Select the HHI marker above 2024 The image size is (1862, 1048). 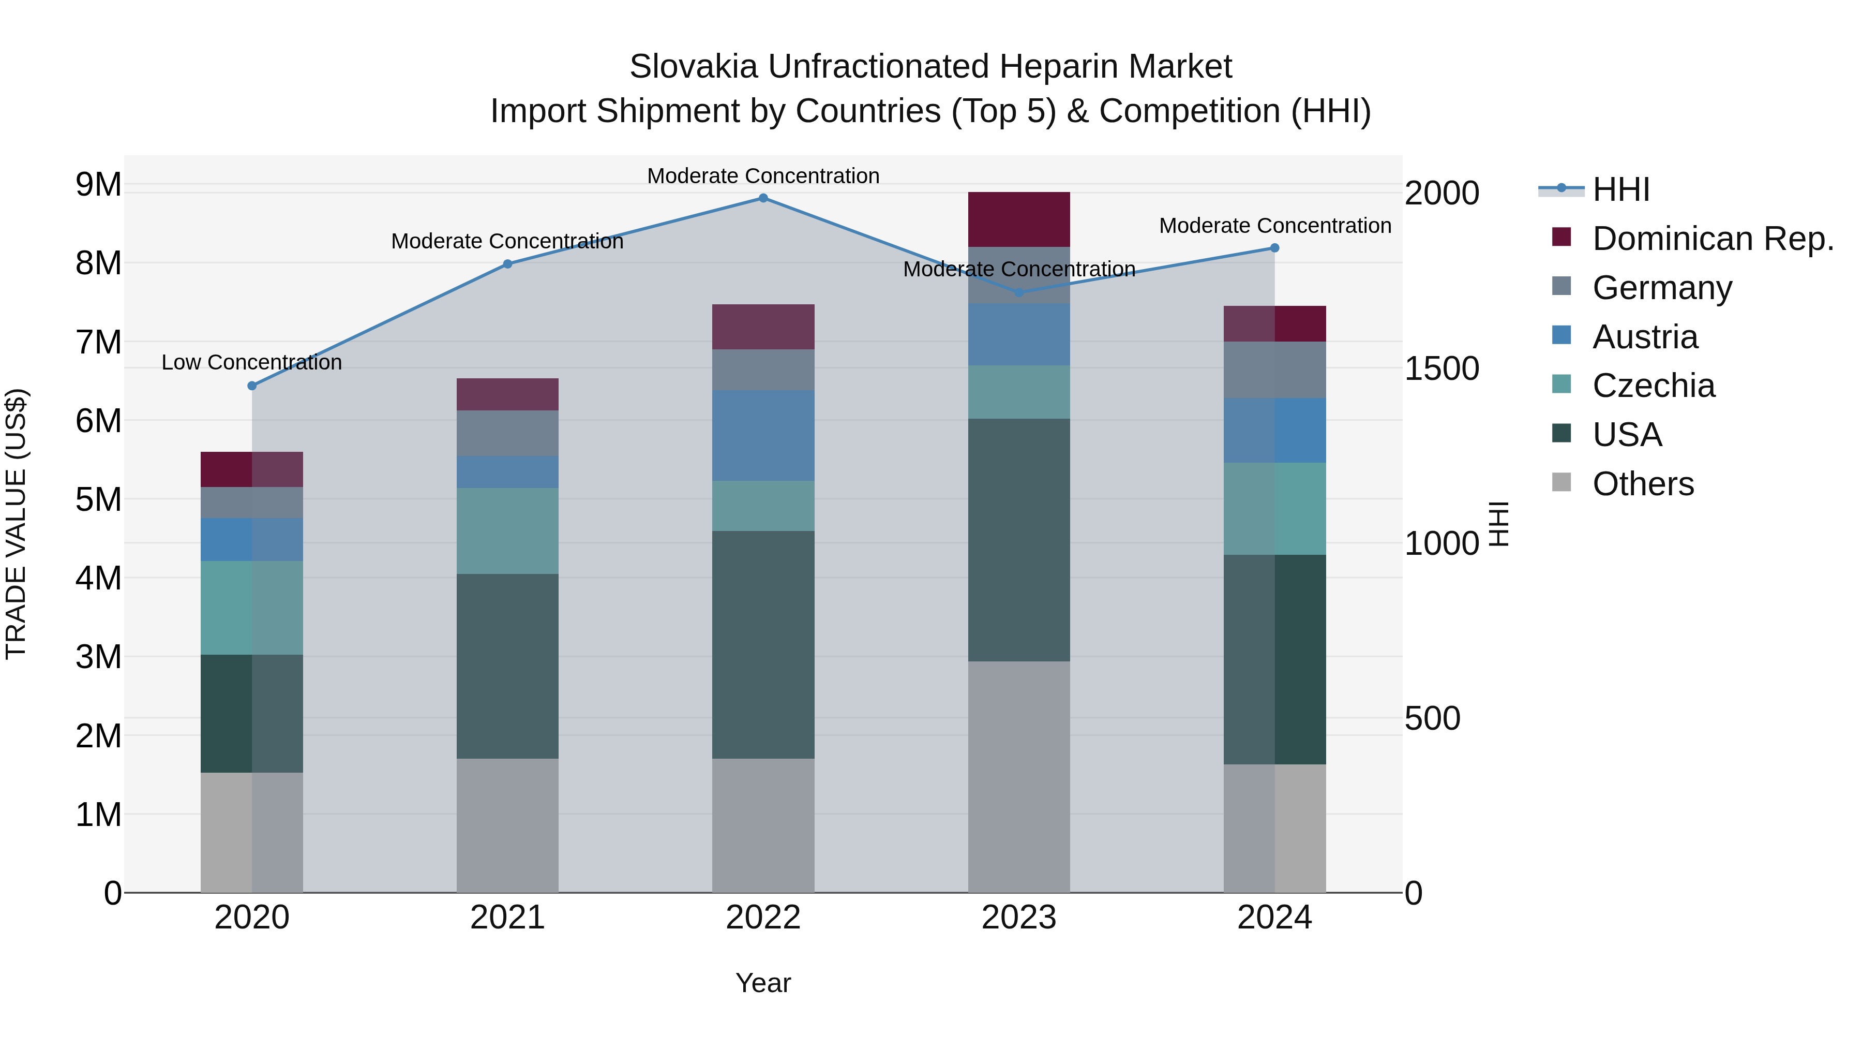(1274, 248)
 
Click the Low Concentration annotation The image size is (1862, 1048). (251, 362)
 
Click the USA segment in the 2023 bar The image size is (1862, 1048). (1018, 540)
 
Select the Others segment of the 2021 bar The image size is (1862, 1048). (507, 825)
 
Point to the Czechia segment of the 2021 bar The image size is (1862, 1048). (507, 531)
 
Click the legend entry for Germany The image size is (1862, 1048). (1662, 287)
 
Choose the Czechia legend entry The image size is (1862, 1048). (1653, 386)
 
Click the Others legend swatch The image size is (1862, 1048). (1561, 482)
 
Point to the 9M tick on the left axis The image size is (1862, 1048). (98, 185)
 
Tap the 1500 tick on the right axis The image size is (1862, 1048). (1441, 369)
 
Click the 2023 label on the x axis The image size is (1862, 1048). (1018, 918)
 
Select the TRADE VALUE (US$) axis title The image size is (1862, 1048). (17, 524)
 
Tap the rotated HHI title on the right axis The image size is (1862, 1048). (1499, 524)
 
